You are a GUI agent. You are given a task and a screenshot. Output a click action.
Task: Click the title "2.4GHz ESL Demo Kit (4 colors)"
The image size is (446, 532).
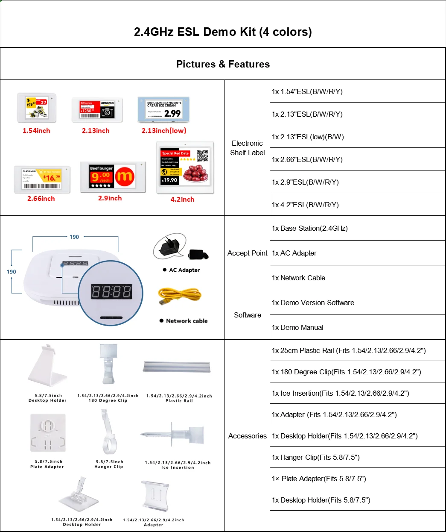(x=223, y=32)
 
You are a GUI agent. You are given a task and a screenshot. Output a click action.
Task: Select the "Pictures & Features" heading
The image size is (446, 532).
(x=223, y=64)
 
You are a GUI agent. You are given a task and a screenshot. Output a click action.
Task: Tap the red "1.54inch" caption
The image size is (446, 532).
(x=36, y=131)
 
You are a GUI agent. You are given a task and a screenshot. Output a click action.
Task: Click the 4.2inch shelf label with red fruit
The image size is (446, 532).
(x=185, y=167)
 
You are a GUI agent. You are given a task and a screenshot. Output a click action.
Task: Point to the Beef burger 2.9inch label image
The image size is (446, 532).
(x=113, y=177)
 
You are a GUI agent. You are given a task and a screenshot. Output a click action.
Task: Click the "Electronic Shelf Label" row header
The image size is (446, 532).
(x=247, y=148)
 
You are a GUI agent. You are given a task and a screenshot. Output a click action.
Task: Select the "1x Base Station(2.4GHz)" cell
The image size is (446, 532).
(x=310, y=228)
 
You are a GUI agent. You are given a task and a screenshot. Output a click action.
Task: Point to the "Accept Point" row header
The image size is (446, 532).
(x=247, y=253)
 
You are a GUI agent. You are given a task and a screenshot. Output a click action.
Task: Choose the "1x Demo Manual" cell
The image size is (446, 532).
(x=297, y=327)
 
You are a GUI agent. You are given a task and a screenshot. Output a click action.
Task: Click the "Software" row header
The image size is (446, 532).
(x=247, y=315)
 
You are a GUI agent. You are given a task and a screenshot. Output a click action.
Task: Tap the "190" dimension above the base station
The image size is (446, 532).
(x=74, y=237)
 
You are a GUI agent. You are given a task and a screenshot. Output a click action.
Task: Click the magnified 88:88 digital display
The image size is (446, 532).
(x=111, y=292)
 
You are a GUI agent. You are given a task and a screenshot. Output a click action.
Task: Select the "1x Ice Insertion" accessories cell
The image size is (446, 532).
(x=340, y=393)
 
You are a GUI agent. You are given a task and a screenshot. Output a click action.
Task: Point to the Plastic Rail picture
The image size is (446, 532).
(x=177, y=367)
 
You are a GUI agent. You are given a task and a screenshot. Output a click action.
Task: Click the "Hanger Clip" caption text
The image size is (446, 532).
(x=108, y=467)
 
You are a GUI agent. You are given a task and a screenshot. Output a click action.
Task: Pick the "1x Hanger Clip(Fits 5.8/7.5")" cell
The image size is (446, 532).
(x=315, y=457)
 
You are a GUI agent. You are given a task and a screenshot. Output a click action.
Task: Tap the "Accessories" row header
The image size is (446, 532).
(x=247, y=436)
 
